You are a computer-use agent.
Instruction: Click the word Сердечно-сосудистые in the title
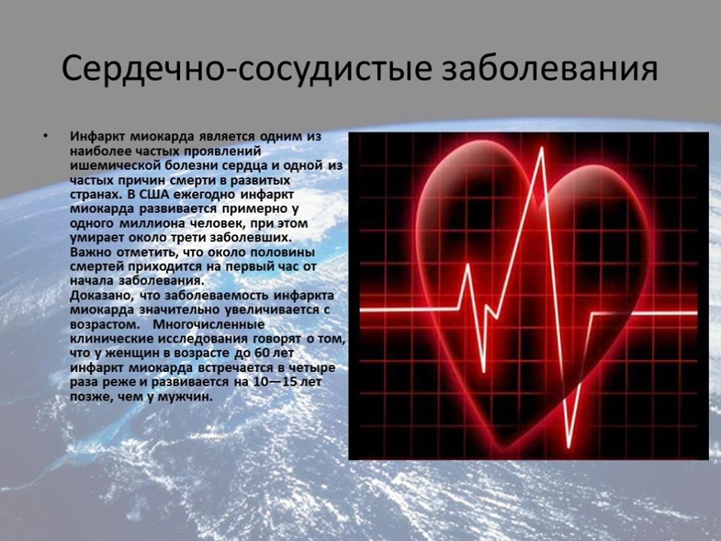[x=246, y=70]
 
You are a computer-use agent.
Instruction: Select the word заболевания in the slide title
[x=550, y=69]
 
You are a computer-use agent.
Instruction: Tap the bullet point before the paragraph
[x=44, y=136]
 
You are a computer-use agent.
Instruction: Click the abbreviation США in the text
[x=140, y=194]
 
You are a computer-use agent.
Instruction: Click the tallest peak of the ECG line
[x=542, y=148]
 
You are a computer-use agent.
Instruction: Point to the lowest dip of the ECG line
[x=569, y=446]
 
